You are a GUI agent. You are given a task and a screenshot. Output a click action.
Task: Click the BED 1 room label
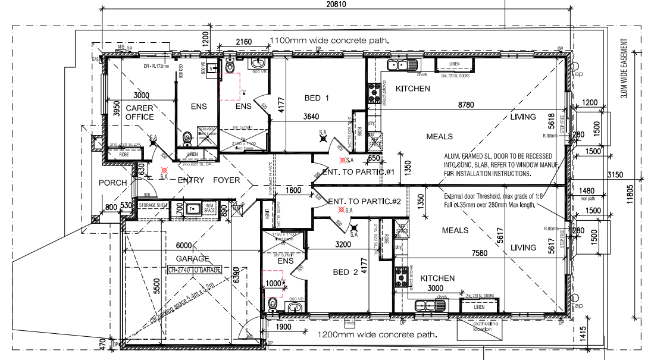point(317,98)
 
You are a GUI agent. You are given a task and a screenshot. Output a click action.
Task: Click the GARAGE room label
point(193,259)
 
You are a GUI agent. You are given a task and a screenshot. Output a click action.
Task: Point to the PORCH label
point(113,183)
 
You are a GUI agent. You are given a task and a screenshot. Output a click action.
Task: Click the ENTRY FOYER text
point(200,180)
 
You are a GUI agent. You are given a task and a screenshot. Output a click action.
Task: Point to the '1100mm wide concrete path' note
point(330,40)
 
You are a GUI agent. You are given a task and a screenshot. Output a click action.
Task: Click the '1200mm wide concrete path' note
point(377,335)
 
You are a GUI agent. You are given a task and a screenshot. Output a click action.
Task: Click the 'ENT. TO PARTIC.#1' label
point(359,172)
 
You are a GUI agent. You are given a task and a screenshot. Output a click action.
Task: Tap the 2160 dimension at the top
point(244,42)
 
